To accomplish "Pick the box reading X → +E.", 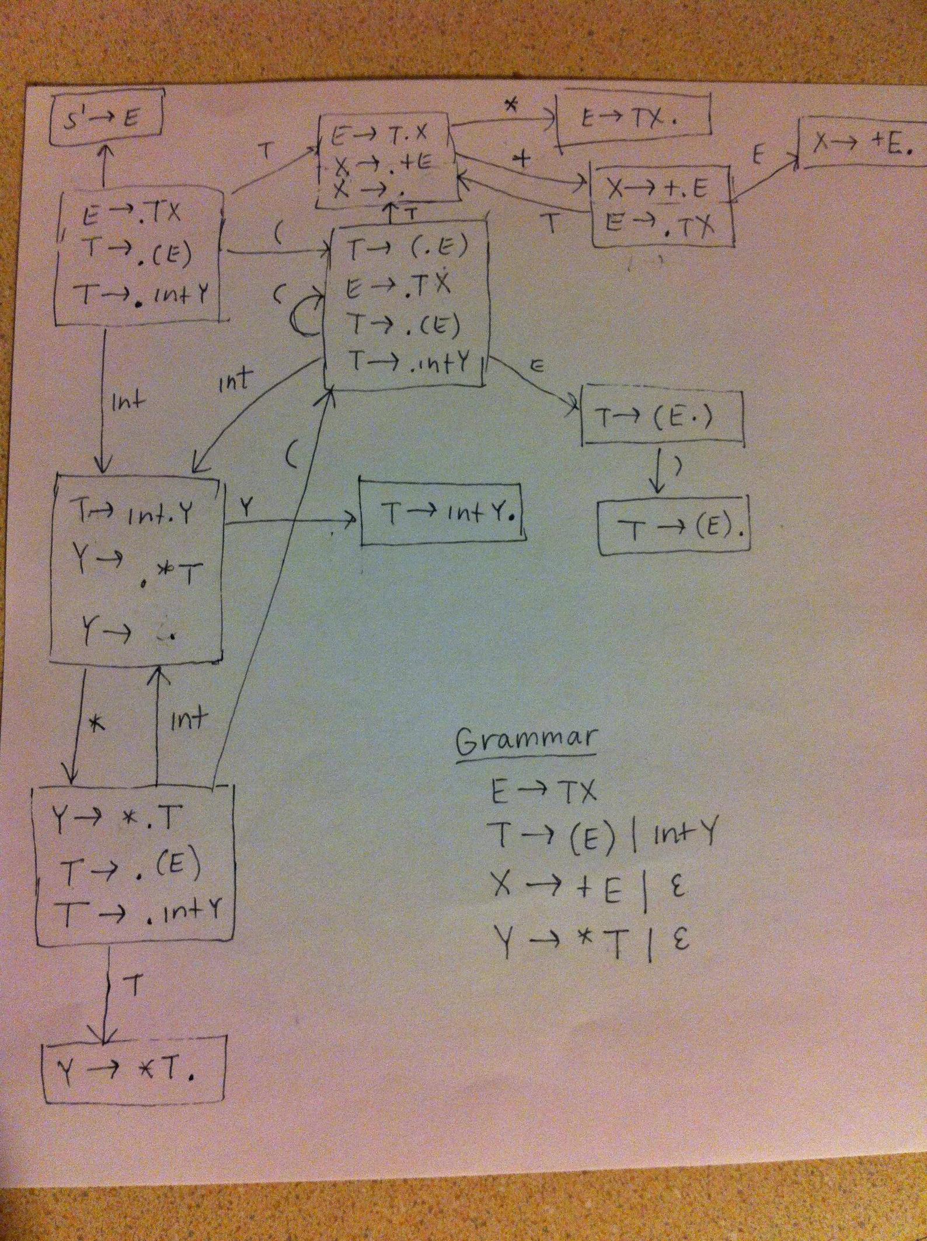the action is (x=862, y=143).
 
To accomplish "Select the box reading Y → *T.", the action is (x=135, y=1073).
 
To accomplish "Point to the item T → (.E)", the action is (x=407, y=250).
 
